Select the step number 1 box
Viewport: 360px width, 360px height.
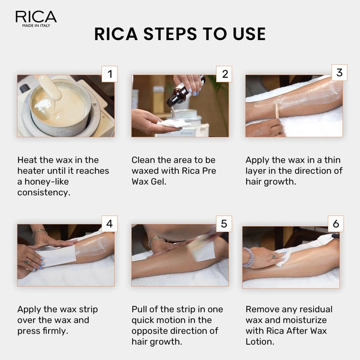click(x=109, y=74)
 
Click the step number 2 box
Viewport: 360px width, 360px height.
click(x=223, y=74)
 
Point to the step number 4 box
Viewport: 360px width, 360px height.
click(x=109, y=224)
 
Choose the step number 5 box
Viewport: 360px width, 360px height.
click(x=223, y=224)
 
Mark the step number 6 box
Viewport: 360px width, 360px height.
click(x=336, y=224)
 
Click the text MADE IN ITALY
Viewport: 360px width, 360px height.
click(x=36, y=26)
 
